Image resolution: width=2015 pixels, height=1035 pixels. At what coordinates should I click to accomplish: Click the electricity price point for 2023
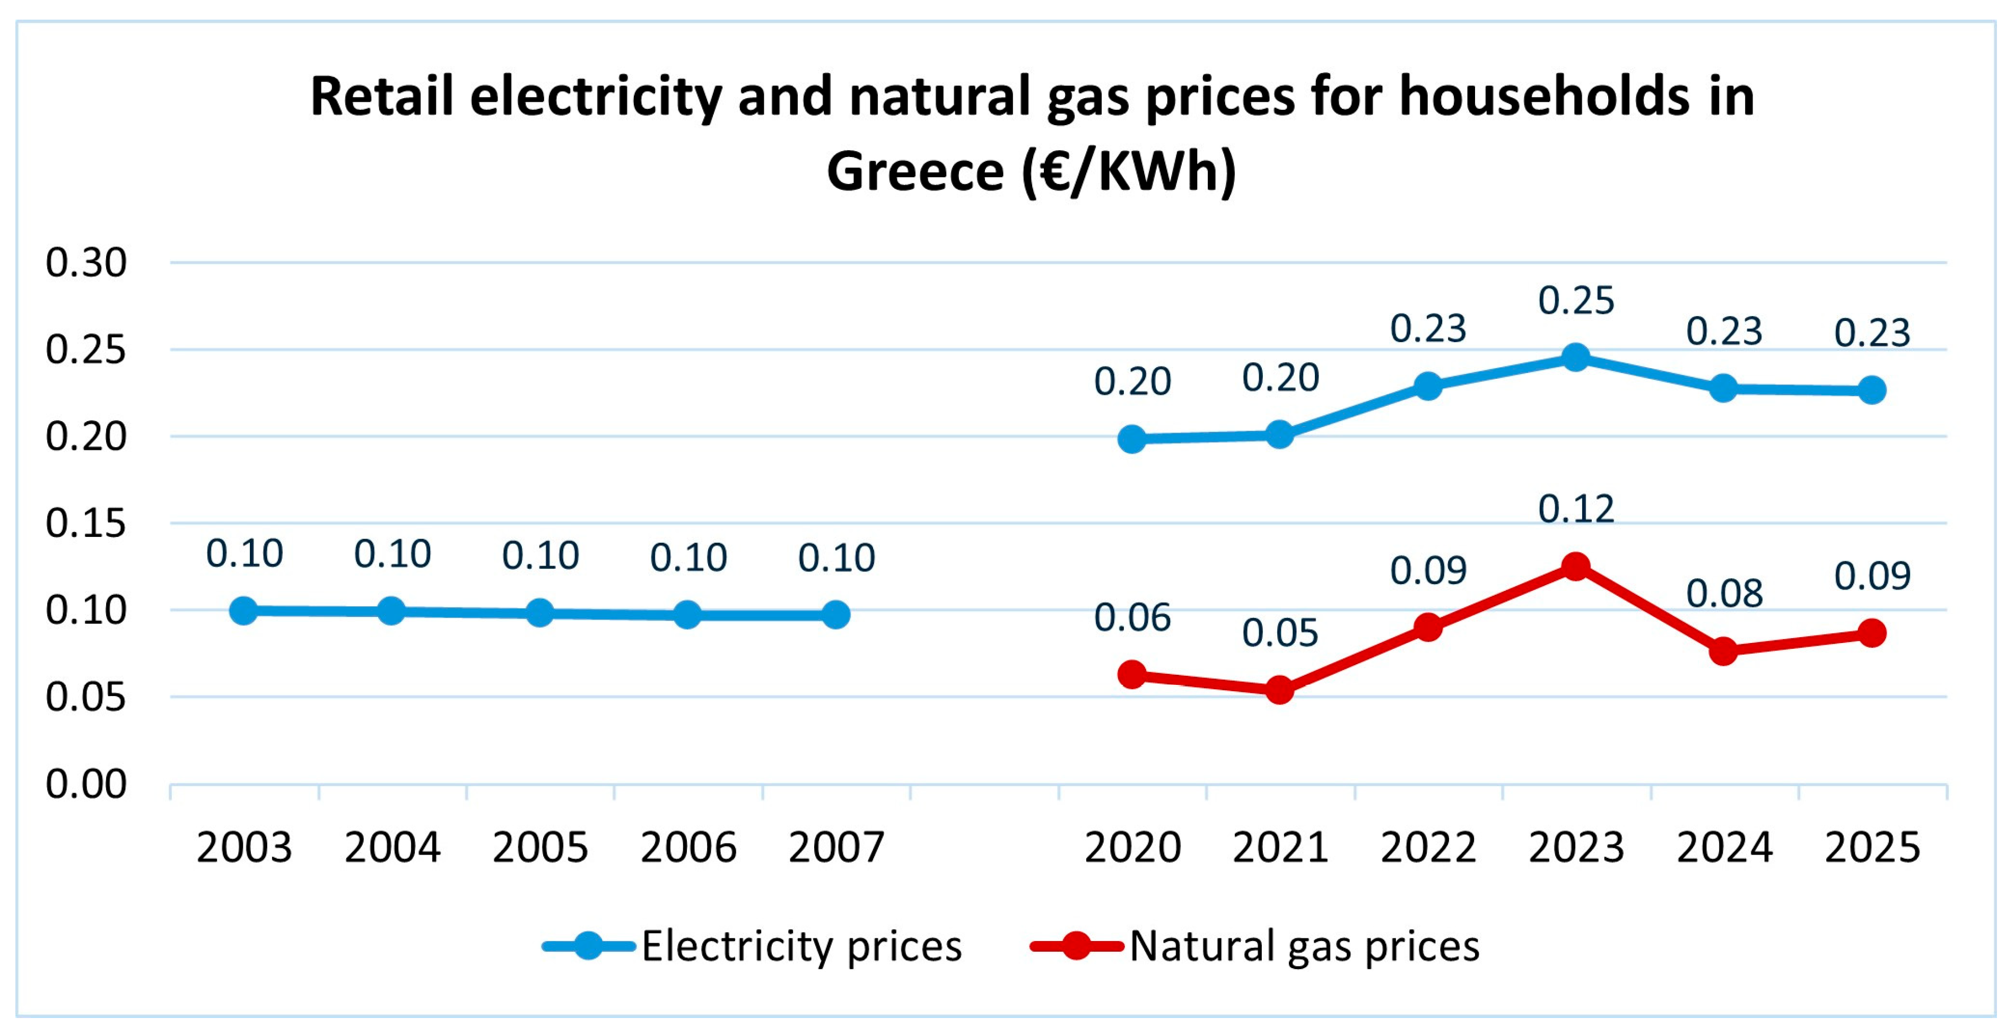click(x=1575, y=358)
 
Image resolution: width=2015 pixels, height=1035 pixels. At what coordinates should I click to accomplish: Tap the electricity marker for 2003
click(x=243, y=610)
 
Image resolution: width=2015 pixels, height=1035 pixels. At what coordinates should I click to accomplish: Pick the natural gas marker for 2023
click(x=1575, y=566)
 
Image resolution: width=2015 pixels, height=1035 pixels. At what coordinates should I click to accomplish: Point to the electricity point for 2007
click(x=835, y=615)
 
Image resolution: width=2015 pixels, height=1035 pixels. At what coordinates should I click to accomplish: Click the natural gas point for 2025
click(x=1872, y=633)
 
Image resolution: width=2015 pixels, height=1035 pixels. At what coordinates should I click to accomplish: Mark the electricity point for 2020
click(x=1131, y=439)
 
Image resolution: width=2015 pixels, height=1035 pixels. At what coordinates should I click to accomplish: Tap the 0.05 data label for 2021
click(x=1280, y=633)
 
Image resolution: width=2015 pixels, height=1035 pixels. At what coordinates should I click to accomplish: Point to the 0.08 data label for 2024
click(x=1724, y=594)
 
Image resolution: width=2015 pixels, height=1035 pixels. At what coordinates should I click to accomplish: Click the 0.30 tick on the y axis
click(x=86, y=263)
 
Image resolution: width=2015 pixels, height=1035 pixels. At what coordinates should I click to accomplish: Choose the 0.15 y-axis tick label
click(x=86, y=524)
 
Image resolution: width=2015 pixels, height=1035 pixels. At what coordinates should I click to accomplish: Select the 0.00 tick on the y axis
click(x=86, y=784)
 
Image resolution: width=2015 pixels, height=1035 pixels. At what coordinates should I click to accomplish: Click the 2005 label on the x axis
click(x=540, y=847)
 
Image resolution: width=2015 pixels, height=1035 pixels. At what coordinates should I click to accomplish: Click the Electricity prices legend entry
click(x=753, y=946)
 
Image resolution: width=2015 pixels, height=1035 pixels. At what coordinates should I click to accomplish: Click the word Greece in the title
click(x=915, y=171)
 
